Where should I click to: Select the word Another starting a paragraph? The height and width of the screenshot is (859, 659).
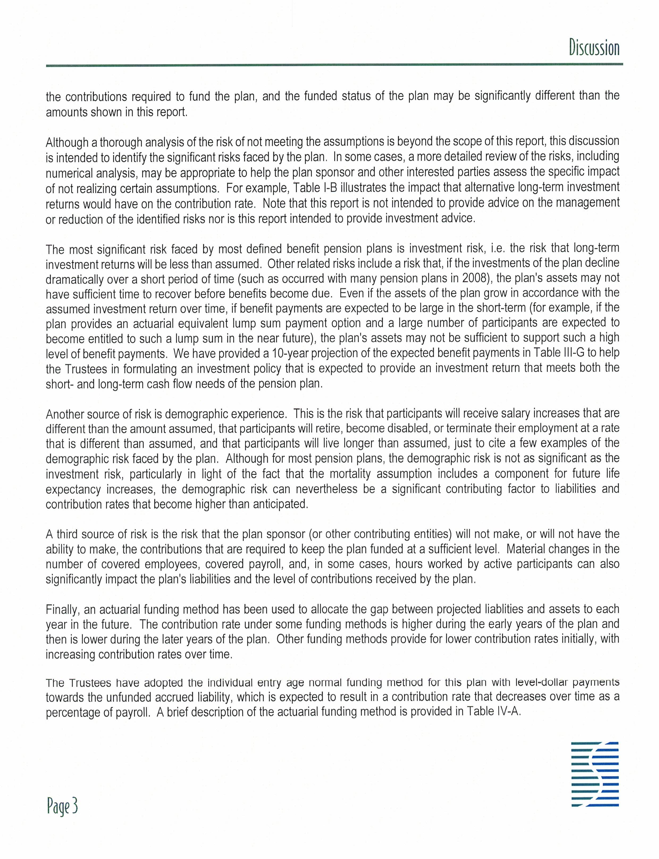tap(64, 414)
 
